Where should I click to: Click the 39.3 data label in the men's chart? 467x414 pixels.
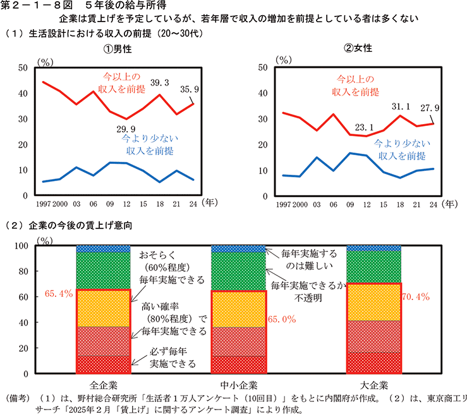coord(160,82)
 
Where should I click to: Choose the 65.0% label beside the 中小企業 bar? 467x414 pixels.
coord(281,320)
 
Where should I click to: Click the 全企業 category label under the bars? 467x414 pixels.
coord(103,385)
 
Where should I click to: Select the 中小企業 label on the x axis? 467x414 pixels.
coord(238,385)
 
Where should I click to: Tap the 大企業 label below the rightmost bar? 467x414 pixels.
coord(374,385)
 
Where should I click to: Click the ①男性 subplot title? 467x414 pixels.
coord(118,49)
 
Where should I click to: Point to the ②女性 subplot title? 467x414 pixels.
coord(358,49)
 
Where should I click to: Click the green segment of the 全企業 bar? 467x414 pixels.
coord(103,271)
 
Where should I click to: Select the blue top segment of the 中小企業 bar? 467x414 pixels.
coord(238,248)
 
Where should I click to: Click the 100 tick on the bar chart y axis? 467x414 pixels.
coord(22,246)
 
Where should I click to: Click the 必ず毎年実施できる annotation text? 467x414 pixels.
coord(171,358)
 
